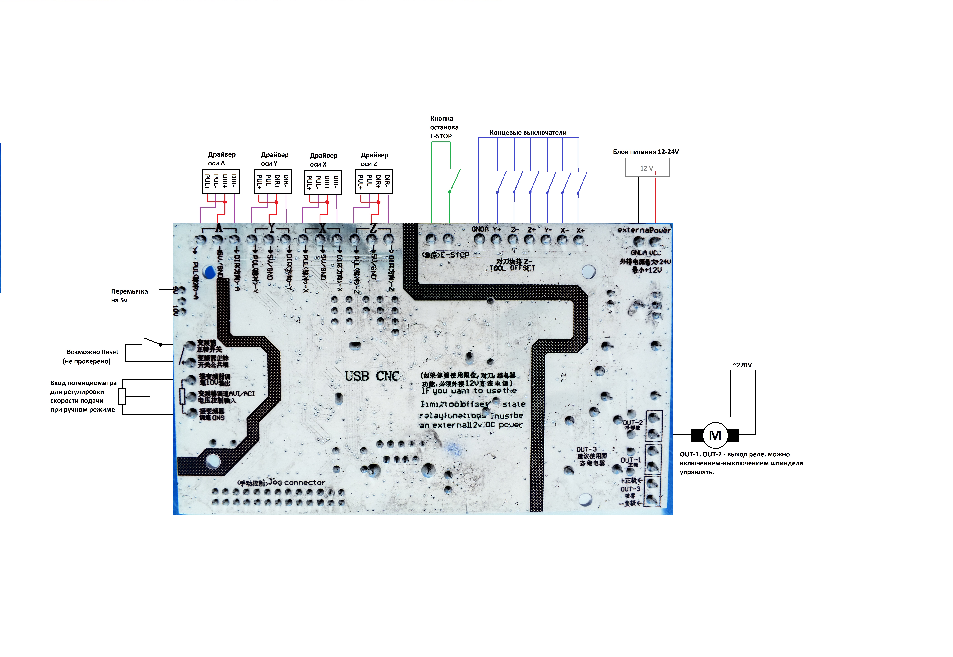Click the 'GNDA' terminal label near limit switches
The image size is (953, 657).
[480, 229]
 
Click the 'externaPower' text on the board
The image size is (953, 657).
[644, 230]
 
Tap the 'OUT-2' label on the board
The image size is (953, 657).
[632, 423]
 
